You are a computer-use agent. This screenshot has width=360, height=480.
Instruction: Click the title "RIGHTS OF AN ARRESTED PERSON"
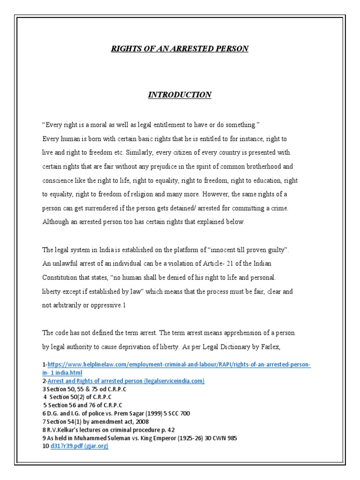(180, 49)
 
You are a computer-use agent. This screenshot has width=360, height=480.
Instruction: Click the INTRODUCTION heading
(180, 95)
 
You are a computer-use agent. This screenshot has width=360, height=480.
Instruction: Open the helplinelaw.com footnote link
(179, 365)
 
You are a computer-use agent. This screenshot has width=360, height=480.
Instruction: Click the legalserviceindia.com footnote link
(126, 381)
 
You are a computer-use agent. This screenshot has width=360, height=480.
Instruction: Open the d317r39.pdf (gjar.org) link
(79, 446)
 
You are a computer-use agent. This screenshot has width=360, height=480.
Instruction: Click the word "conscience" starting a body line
(58, 180)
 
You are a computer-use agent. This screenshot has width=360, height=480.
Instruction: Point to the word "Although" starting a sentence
(56, 222)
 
